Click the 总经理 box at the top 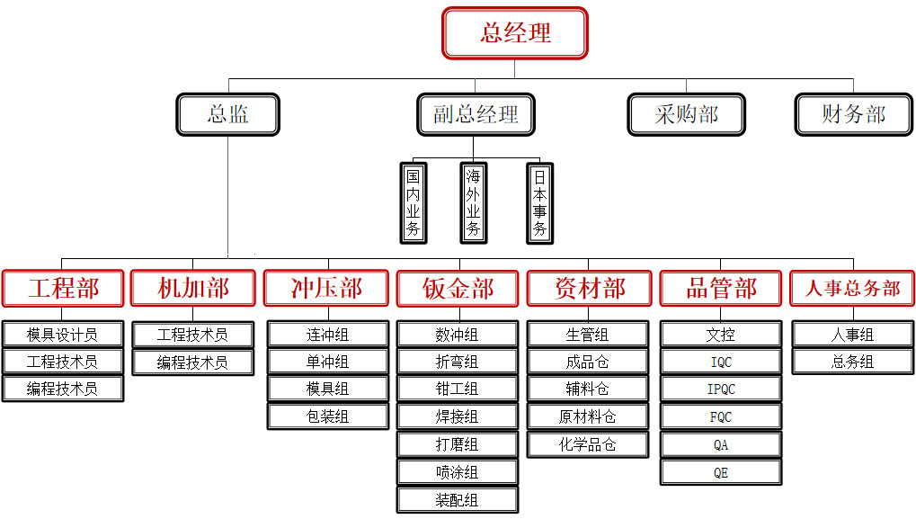click(514, 33)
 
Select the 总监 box click(227, 114)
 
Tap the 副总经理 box click(476, 114)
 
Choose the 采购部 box click(686, 114)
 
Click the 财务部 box click(853, 114)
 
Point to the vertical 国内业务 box click(414, 202)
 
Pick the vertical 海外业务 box click(474, 202)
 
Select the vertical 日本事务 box click(539, 202)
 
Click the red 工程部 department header click(63, 289)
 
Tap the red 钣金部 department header click(458, 289)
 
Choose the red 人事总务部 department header click(852, 289)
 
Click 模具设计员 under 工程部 click(62, 335)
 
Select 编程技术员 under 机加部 click(192, 362)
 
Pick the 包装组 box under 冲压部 click(327, 416)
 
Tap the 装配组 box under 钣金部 click(457, 500)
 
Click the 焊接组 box click(457, 416)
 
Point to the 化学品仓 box click(588, 444)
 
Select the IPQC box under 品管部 click(721, 389)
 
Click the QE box click(721, 472)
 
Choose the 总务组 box click(852, 362)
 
